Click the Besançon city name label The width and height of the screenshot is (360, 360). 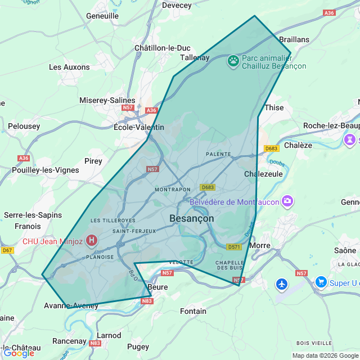(191, 218)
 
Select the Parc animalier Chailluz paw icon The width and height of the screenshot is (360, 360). (233, 60)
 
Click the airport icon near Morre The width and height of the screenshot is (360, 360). (282, 284)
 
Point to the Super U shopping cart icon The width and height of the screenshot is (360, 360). (321, 281)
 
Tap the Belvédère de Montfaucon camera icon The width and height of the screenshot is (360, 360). (287, 201)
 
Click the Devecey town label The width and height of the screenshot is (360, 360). (177, 5)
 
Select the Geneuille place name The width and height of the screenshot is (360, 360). (102, 16)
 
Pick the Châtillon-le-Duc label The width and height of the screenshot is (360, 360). (163, 48)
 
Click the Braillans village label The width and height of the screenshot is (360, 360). (295, 39)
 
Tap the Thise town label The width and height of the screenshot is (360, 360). (274, 107)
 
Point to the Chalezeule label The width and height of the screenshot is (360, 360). (263, 174)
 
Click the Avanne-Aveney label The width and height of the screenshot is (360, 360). (71, 306)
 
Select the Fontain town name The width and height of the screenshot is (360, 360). (193, 311)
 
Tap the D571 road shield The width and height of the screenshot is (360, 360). (234, 247)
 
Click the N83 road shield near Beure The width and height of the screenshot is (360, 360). (147, 301)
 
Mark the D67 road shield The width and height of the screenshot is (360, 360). (7, 250)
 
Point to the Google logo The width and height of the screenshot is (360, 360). (18, 353)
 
